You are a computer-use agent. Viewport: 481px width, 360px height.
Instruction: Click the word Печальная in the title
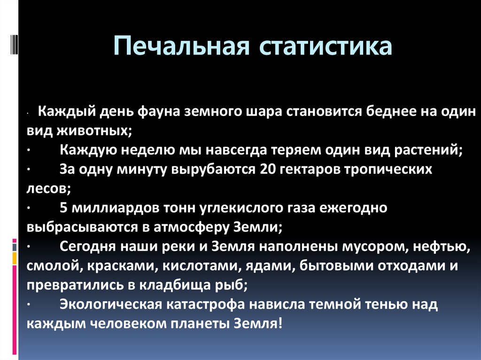[x=181, y=46]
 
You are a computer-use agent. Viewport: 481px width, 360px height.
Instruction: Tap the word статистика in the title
[x=326, y=46]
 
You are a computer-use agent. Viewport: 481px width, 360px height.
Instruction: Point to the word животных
[x=94, y=131]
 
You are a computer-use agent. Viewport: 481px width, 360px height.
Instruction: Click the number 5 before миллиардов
[x=63, y=208]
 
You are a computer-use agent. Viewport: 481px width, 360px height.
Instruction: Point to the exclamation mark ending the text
[x=279, y=323]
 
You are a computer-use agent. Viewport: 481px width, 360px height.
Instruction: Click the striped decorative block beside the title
[x=14, y=44]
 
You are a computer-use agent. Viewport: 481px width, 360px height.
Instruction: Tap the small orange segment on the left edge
[x=15, y=258]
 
